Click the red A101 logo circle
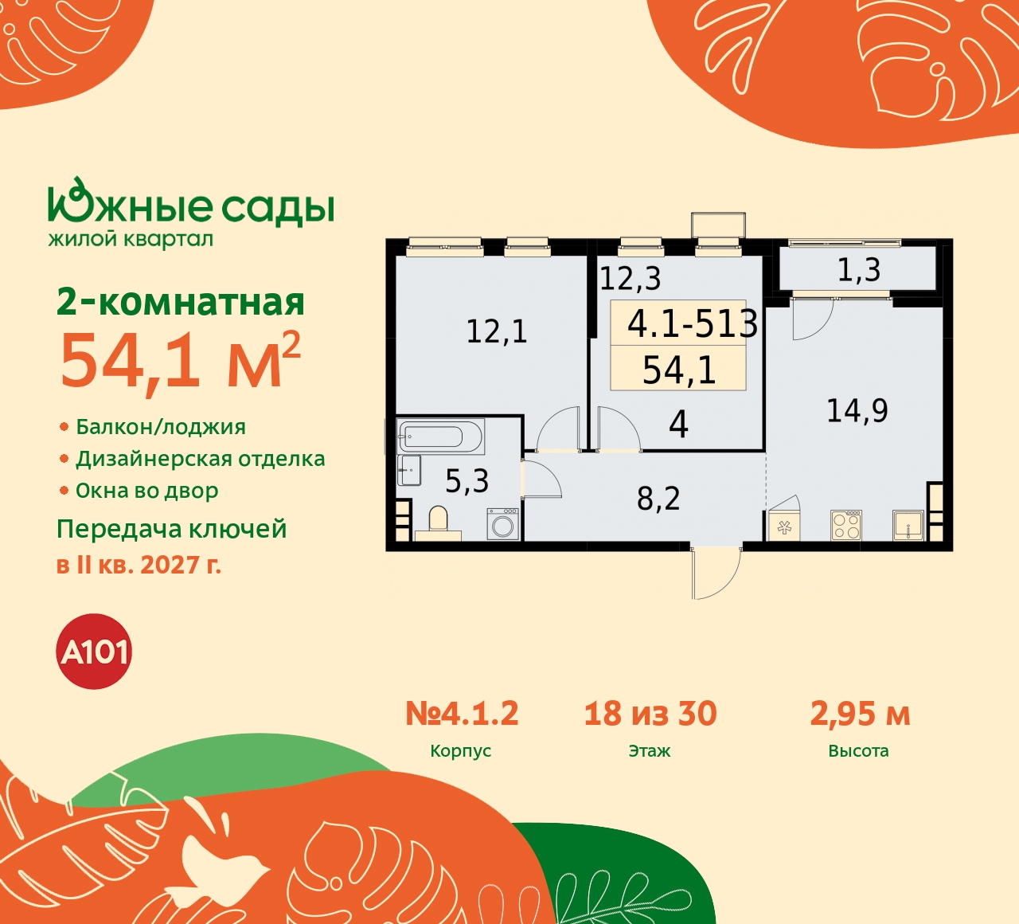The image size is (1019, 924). [95, 652]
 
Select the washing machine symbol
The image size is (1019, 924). [503, 526]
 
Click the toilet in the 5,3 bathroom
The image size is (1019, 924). [438, 523]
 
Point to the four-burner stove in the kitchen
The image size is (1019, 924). [846, 525]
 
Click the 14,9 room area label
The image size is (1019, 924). [857, 411]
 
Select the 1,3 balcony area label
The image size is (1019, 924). [858, 271]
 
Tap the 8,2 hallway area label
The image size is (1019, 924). [658, 499]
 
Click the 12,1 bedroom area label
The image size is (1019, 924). [496, 331]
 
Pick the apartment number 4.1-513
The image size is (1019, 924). [692, 323]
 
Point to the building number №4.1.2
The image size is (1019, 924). [462, 714]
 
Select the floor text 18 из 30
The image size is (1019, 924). [650, 714]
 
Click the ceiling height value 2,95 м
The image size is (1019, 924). [860, 714]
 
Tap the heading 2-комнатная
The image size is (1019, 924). [181, 303]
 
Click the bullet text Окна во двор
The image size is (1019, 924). [146, 491]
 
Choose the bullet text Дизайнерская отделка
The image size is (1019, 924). [200, 460]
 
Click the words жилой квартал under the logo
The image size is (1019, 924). [131, 239]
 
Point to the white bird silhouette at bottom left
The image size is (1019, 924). [219, 860]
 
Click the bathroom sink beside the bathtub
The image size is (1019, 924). [410, 470]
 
